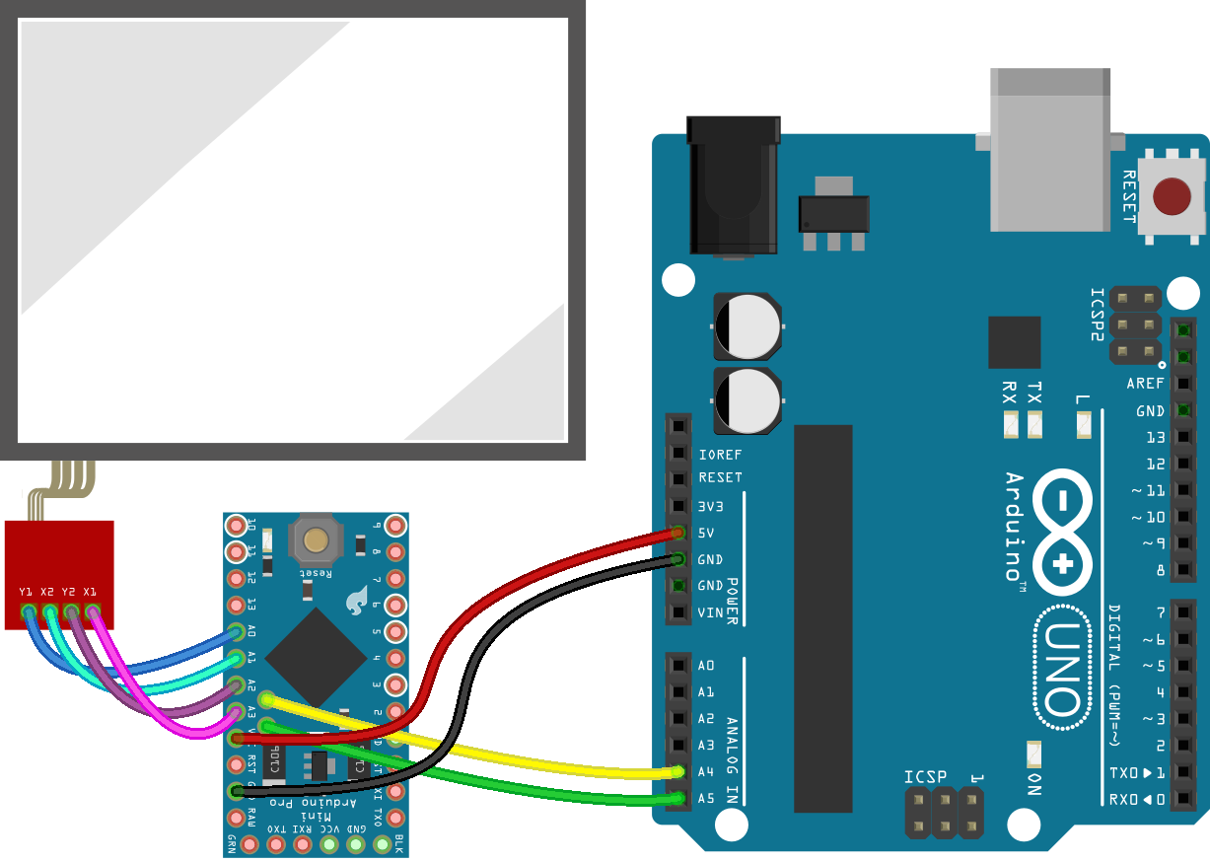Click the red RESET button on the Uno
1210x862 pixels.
pyautogui.click(x=1172, y=196)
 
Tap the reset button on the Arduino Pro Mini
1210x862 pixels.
pyautogui.click(x=316, y=539)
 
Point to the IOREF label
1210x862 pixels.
pyautogui.click(x=720, y=455)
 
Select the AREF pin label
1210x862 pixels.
pyautogui.click(x=1145, y=384)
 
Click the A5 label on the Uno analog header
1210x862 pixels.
pyautogui.click(x=706, y=798)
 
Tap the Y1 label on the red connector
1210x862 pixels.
pyautogui.click(x=27, y=591)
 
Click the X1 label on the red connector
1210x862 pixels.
pyautogui.click(x=91, y=591)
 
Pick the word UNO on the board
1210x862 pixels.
pyautogui.click(x=1061, y=671)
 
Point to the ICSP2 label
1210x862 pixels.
pyautogui.click(x=1097, y=315)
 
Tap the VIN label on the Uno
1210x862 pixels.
pyautogui.click(x=710, y=612)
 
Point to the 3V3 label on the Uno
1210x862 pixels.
pyautogui.click(x=711, y=506)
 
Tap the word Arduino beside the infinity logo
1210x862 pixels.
pyautogui.click(x=1015, y=526)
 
